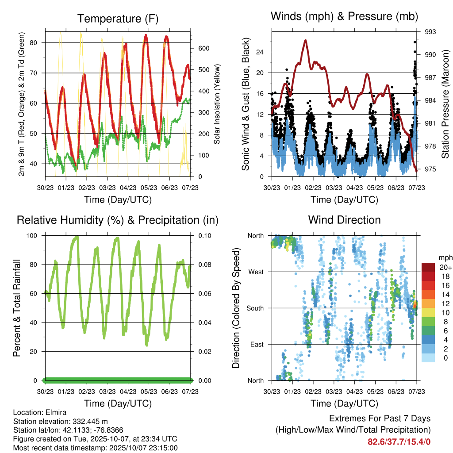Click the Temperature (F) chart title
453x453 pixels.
[117, 19]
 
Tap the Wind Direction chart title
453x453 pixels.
[344, 219]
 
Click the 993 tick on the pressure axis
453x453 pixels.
[430, 32]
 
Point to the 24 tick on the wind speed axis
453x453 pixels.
[260, 52]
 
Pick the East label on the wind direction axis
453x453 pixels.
[256, 344]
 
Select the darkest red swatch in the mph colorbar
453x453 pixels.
[428, 267]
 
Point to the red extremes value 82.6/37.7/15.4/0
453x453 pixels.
[399, 441]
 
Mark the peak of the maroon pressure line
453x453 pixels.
[306, 40]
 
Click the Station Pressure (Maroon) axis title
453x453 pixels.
[445, 104]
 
